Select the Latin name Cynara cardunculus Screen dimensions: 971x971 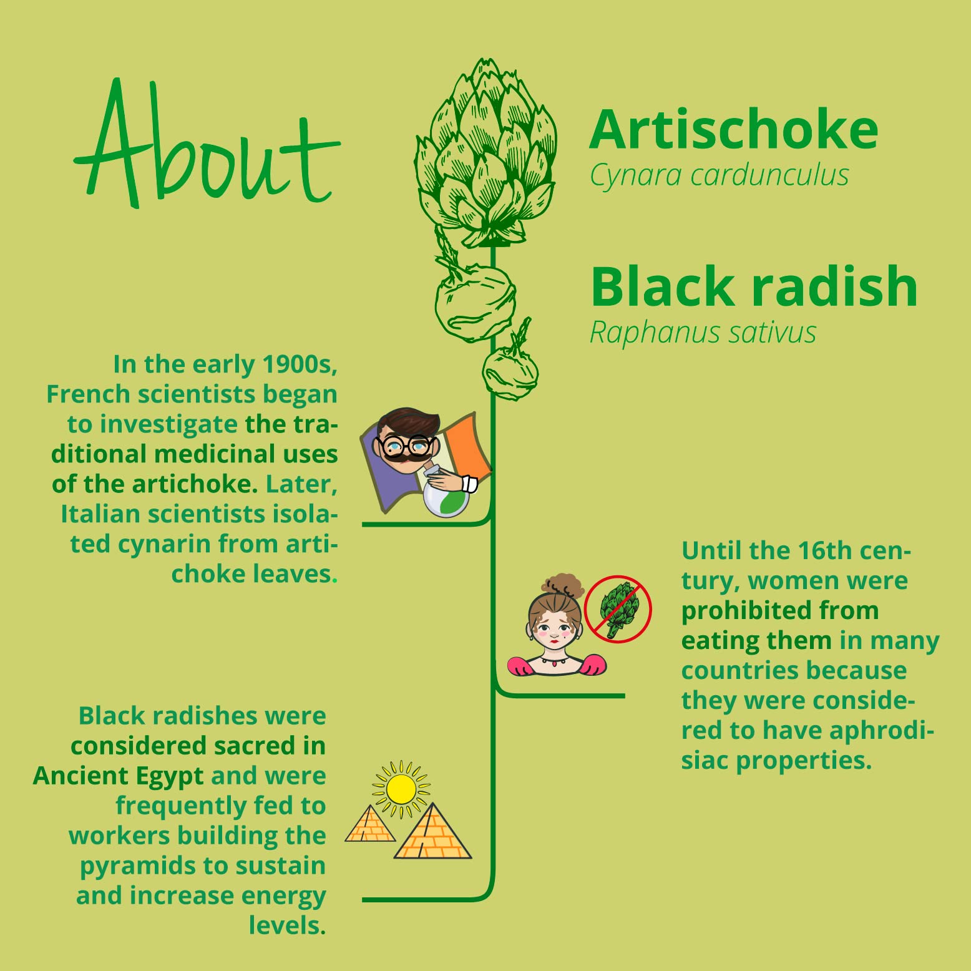point(720,176)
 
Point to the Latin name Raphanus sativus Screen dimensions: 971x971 point(703,333)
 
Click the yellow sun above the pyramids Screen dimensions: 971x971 point(401,789)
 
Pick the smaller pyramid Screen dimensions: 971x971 point(370,824)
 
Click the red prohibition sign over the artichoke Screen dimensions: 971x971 point(618,609)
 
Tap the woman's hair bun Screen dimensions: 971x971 point(563,586)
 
